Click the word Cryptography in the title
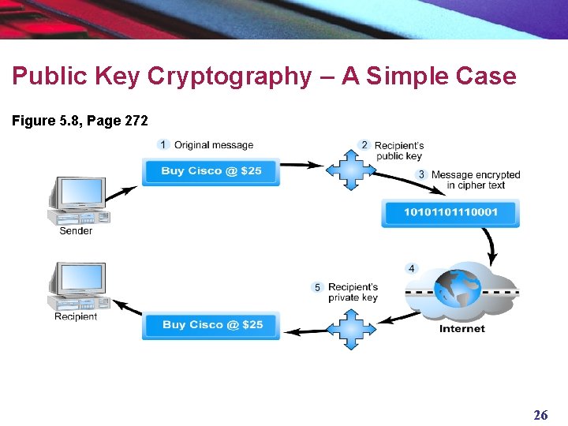point(228,77)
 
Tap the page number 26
point(541,415)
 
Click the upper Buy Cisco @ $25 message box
point(211,171)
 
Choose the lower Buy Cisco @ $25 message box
point(212,325)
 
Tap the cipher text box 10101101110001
point(450,213)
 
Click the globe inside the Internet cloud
point(461,290)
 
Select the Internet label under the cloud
point(462,328)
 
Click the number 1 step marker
point(163,144)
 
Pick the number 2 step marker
point(364,145)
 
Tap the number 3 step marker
point(421,174)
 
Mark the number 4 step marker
point(411,269)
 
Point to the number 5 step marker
point(317,288)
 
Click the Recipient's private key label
point(353,292)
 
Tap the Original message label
point(214,145)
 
